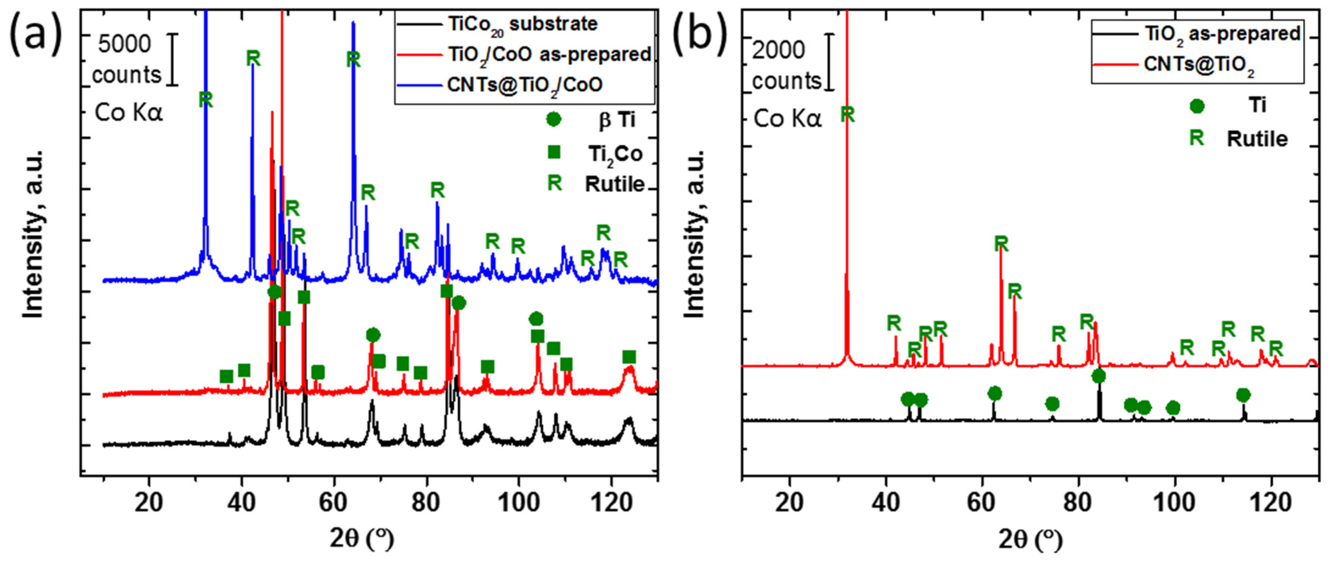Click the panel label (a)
point(35,32)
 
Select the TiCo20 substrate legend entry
point(522,24)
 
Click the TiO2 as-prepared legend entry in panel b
point(1222,34)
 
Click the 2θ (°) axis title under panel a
point(362,540)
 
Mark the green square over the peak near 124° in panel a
point(628,357)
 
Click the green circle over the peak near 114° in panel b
point(1243,395)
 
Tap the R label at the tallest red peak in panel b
point(847,114)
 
